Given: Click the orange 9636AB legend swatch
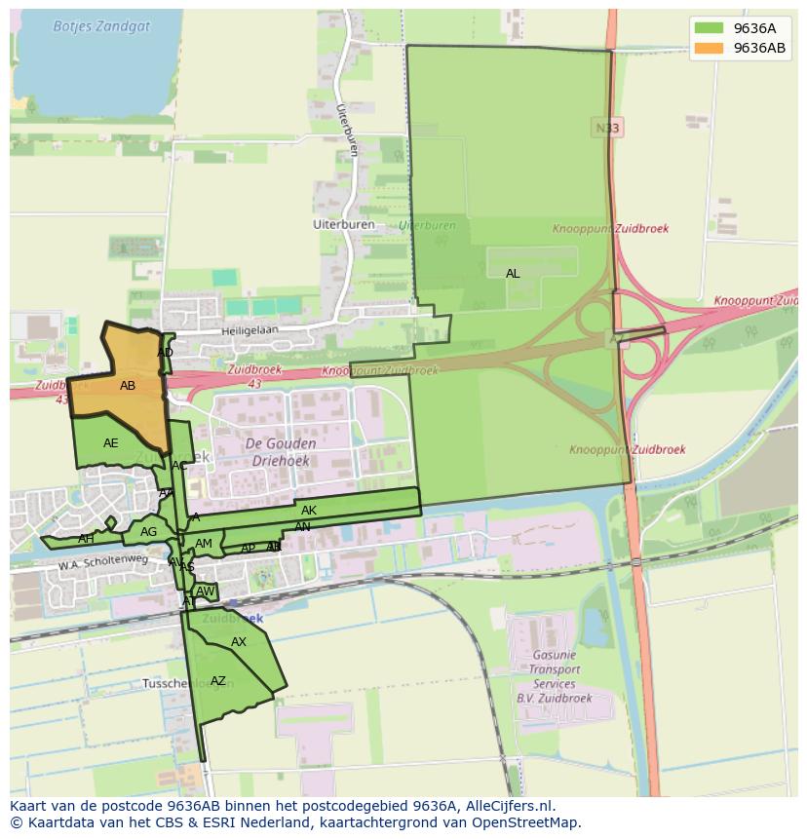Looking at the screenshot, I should (x=708, y=48).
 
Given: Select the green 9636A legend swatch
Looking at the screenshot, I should (x=708, y=27).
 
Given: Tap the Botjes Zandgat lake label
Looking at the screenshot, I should (x=101, y=26).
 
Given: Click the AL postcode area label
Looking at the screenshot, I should (x=513, y=274).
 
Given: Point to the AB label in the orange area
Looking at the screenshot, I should (x=128, y=386).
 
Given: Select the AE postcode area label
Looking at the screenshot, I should (x=111, y=443).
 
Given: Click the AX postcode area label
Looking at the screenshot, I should (x=239, y=642).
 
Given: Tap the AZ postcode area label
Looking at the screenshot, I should (x=218, y=681).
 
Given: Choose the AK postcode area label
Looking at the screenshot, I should (x=309, y=511).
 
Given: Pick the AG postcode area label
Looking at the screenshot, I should (x=148, y=532).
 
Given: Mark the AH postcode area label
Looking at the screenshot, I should (x=86, y=539).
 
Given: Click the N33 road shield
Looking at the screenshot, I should (x=606, y=128).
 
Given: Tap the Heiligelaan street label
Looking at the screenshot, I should (x=250, y=330).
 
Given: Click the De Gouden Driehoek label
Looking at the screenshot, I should (x=278, y=453).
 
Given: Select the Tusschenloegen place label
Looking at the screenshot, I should (x=174, y=683).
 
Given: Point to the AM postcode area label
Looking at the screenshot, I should (x=204, y=544).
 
